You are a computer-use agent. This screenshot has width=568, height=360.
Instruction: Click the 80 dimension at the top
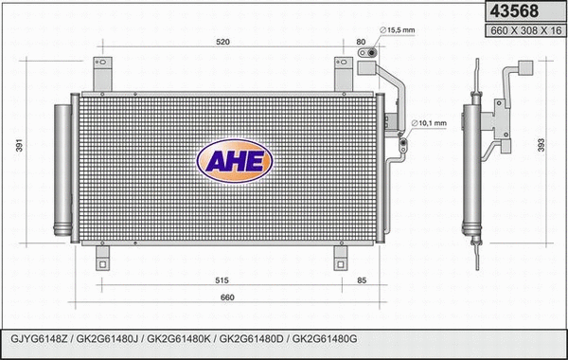[x=360, y=42]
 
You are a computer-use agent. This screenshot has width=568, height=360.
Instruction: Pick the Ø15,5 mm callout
[x=397, y=31]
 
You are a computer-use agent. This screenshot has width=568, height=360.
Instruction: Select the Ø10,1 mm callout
[x=432, y=122]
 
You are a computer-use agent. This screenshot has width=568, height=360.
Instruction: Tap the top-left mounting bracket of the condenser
[x=103, y=74]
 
